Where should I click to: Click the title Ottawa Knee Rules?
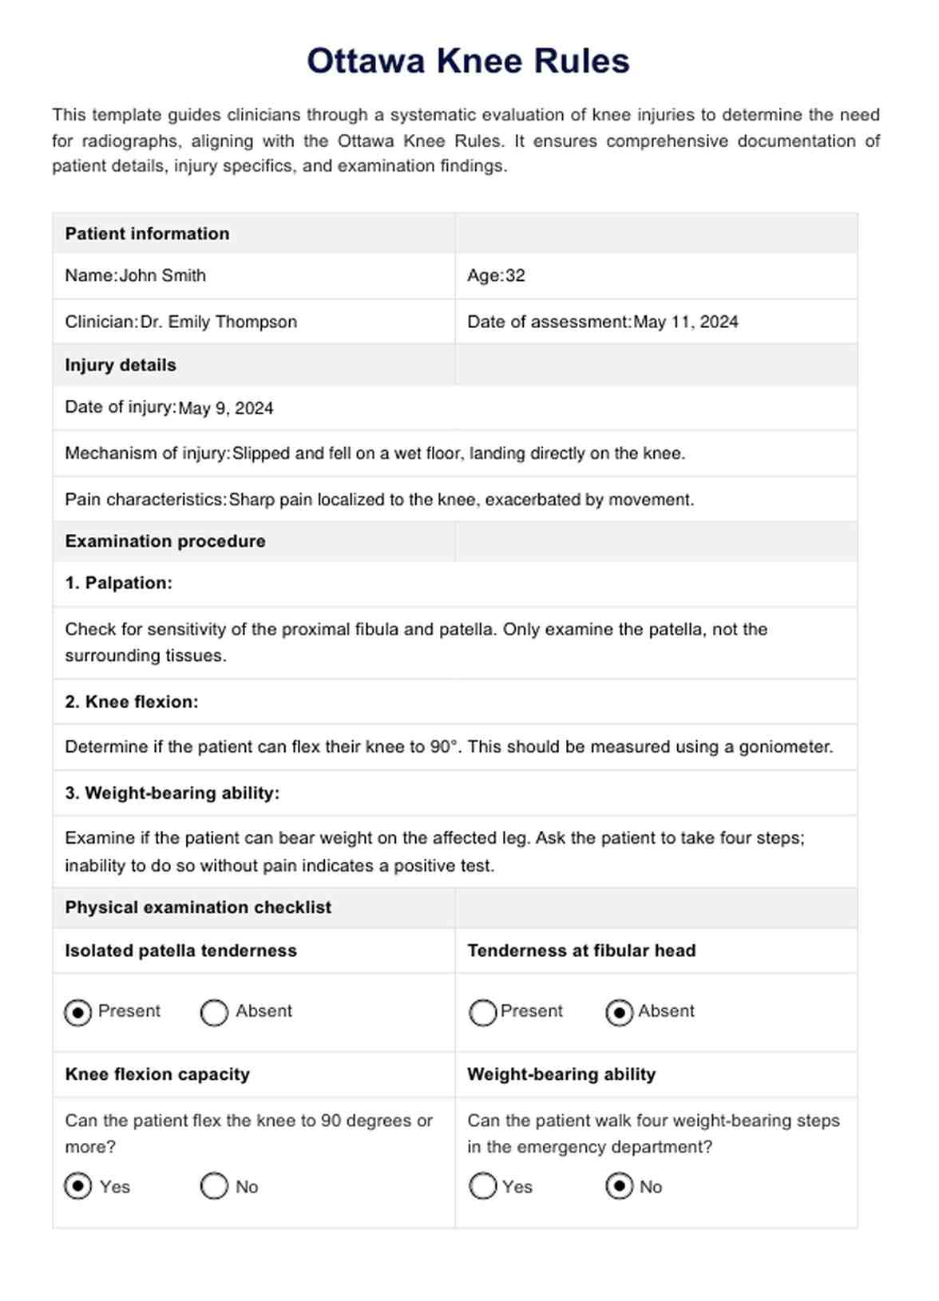click(469, 61)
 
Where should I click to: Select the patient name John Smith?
click(162, 276)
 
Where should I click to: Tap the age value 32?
click(515, 276)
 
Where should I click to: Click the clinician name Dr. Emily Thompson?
click(219, 322)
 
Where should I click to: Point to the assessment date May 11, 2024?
click(685, 322)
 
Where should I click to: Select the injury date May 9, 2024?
click(225, 409)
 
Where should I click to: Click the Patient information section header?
click(147, 234)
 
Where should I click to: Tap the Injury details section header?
click(121, 366)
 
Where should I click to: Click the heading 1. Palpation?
click(119, 583)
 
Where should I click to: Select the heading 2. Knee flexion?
click(132, 702)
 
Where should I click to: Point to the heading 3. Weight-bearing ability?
click(172, 793)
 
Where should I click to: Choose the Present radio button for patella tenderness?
click(78, 1013)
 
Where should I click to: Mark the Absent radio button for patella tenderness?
click(214, 1013)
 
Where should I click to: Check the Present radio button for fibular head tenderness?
click(483, 1013)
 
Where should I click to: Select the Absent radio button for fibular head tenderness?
click(620, 1013)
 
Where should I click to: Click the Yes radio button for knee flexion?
click(78, 1187)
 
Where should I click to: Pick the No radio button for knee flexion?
click(214, 1187)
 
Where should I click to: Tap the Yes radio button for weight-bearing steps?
click(483, 1187)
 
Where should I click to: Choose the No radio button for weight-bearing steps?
click(620, 1187)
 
